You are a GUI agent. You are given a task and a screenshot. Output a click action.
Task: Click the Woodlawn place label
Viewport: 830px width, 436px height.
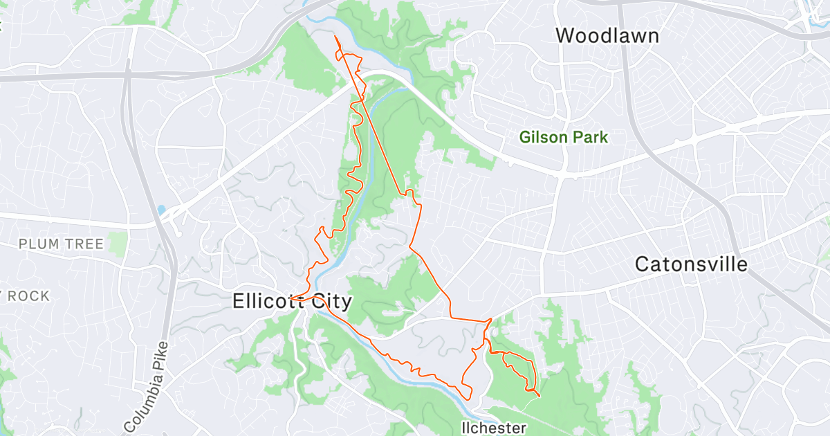point(607,35)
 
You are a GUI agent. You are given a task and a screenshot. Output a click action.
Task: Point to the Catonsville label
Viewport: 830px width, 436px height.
point(691,264)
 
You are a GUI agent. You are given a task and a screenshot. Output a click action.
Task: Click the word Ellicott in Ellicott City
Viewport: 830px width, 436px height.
point(266,302)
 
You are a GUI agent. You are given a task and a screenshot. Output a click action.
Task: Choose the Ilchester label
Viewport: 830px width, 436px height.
point(494,428)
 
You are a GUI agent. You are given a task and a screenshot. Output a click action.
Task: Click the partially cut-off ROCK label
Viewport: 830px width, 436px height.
point(26,296)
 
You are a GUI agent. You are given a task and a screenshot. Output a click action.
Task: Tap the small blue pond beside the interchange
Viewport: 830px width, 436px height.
point(161,209)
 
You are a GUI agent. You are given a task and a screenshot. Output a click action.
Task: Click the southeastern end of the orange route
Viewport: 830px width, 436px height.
point(539,397)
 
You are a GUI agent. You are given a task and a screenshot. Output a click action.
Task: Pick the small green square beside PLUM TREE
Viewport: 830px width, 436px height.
point(118,242)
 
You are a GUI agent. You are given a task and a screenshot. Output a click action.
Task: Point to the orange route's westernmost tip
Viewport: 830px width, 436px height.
point(291,299)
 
